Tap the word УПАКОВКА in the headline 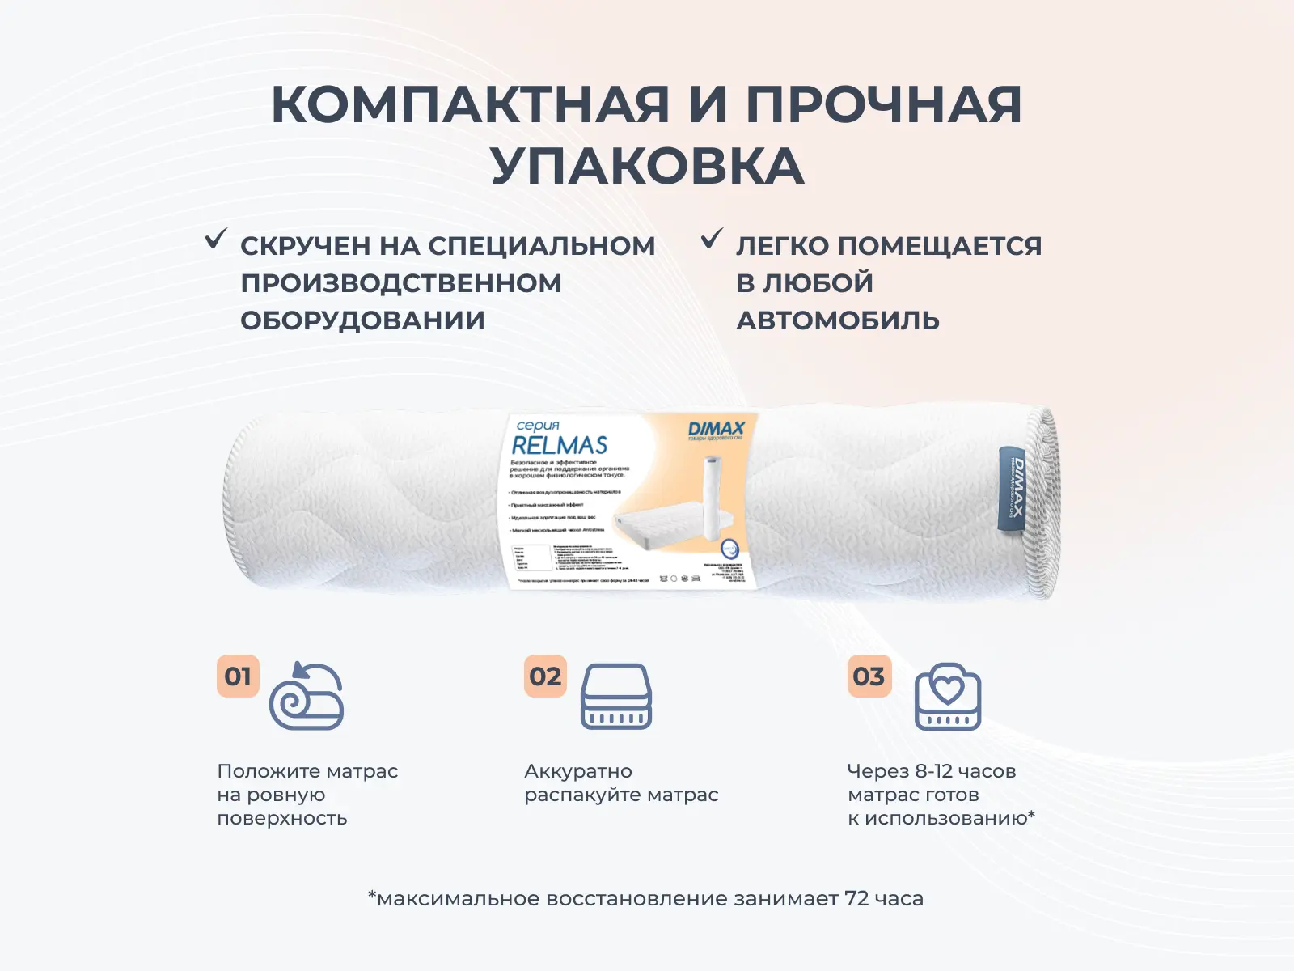click(647, 167)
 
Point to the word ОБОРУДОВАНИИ click(362, 320)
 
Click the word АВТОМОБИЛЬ click(837, 320)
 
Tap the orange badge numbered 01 click(238, 676)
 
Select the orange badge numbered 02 click(545, 676)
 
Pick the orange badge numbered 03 click(869, 676)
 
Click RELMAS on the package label click(560, 445)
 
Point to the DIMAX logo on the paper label click(716, 428)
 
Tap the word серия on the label click(538, 425)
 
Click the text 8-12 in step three click(932, 771)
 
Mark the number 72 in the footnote click(856, 898)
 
